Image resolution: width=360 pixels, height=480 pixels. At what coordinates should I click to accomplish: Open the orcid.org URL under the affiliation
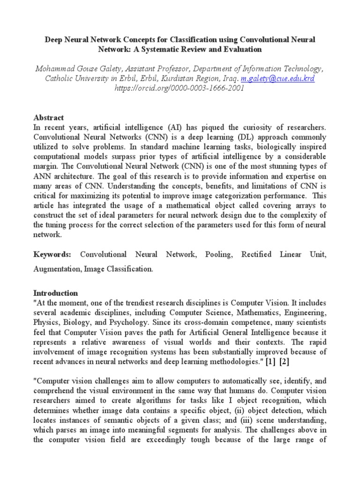point(180,88)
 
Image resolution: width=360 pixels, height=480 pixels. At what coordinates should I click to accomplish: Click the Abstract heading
point(48,118)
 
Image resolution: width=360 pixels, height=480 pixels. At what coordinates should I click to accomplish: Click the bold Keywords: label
point(52,255)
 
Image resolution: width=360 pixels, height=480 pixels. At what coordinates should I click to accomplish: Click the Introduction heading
point(55,293)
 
